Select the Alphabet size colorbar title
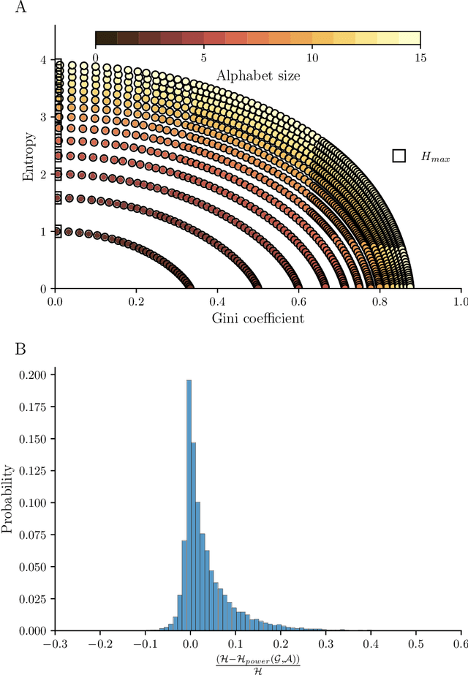pos(257,74)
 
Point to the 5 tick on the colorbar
pos(204,56)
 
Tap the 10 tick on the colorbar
pos(312,56)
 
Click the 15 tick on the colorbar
pos(420,56)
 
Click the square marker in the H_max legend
pos(399,156)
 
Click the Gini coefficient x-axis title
pos(257,318)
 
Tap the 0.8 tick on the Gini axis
pos(380,301)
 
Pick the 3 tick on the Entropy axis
pos(44,116)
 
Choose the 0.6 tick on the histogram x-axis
pos(460,644)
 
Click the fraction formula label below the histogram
pos(257,663)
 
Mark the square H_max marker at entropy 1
pos(56,231)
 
